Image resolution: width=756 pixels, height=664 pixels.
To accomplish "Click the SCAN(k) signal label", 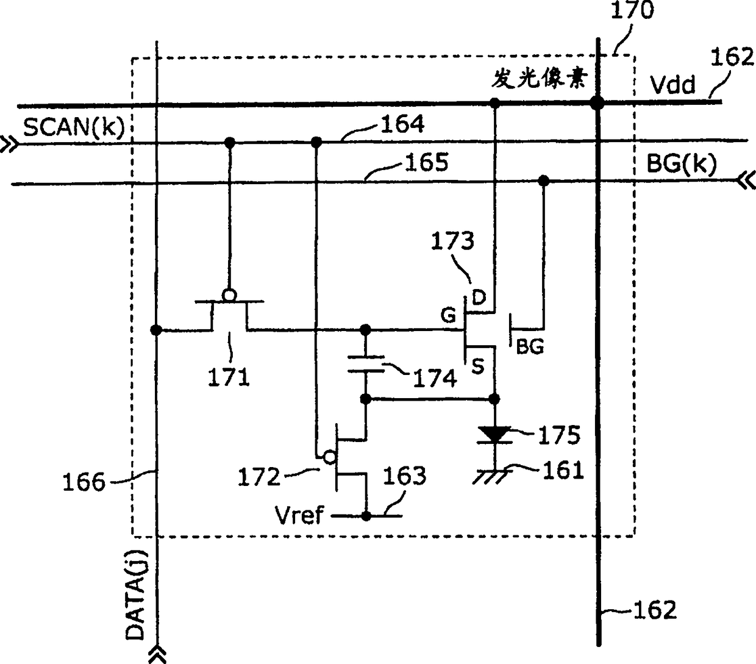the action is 74,127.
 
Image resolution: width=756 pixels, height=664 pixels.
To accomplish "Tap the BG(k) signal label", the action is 682,163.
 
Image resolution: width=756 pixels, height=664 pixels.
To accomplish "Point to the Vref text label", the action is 299,515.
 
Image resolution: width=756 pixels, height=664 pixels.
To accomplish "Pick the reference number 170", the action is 632,10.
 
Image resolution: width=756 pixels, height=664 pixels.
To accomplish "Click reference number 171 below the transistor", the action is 229,377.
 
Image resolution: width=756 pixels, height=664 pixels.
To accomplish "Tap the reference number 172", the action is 259,477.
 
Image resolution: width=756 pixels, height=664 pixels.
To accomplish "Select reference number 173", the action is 452,241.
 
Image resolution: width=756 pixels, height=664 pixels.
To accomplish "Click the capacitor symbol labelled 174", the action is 366,364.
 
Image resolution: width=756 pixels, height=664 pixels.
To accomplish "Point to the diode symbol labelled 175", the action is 494,435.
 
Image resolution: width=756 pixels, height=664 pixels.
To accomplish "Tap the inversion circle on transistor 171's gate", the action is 229,296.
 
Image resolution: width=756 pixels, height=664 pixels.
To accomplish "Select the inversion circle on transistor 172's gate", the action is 329,457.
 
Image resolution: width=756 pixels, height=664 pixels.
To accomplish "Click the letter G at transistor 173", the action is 448,315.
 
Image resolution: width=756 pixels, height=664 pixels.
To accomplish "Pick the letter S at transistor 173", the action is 478,366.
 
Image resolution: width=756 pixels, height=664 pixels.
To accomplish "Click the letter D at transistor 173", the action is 479,298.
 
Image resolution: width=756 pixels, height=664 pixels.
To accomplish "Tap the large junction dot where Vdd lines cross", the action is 597,102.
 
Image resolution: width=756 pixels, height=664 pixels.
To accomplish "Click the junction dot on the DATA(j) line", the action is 156,330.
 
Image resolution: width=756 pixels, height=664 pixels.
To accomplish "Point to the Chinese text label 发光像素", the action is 539,79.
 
